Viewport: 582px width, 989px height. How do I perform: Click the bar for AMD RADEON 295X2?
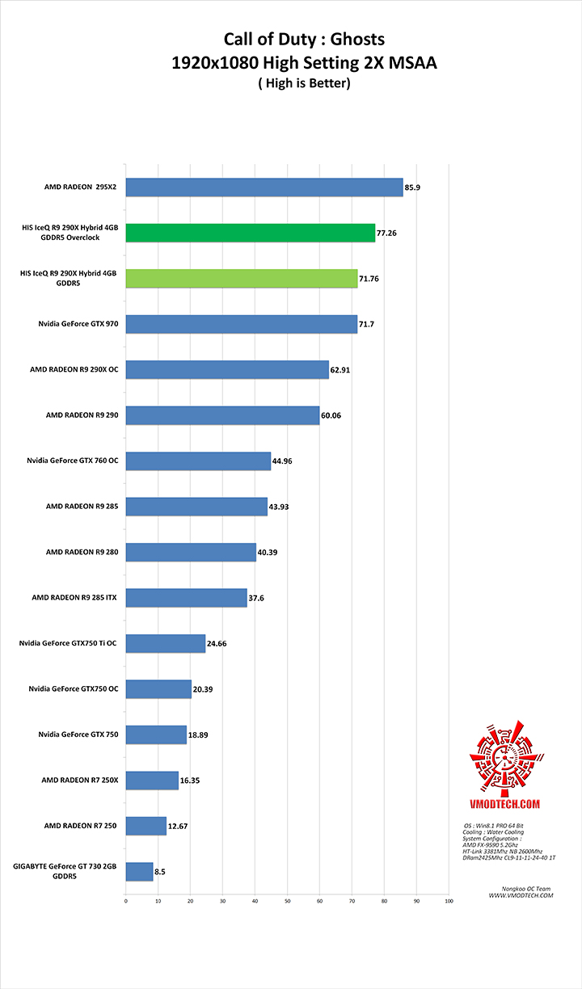click(x=264, y=187)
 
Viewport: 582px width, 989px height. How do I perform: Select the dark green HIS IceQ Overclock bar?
click(x=251, y=233)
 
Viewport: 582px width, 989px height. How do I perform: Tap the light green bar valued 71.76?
click(x=242, y=279)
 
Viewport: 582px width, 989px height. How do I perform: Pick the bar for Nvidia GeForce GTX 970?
click(x=242, y=324)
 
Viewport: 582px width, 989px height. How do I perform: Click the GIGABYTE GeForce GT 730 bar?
click(x=139, y=871)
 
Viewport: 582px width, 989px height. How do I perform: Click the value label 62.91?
click(x=341, y=371)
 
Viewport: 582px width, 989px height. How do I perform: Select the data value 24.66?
click(x=217, y=644)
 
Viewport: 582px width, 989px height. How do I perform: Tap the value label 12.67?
click(x=178, y=827)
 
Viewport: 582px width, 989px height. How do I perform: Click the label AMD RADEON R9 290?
click(x=82, y=415)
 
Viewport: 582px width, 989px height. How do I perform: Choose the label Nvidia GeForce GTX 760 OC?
click(x=73, y=461)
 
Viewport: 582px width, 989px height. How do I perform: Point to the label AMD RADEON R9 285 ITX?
click(x=74, y=598)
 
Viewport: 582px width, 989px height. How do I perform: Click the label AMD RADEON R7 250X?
click(x=80, y=781)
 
